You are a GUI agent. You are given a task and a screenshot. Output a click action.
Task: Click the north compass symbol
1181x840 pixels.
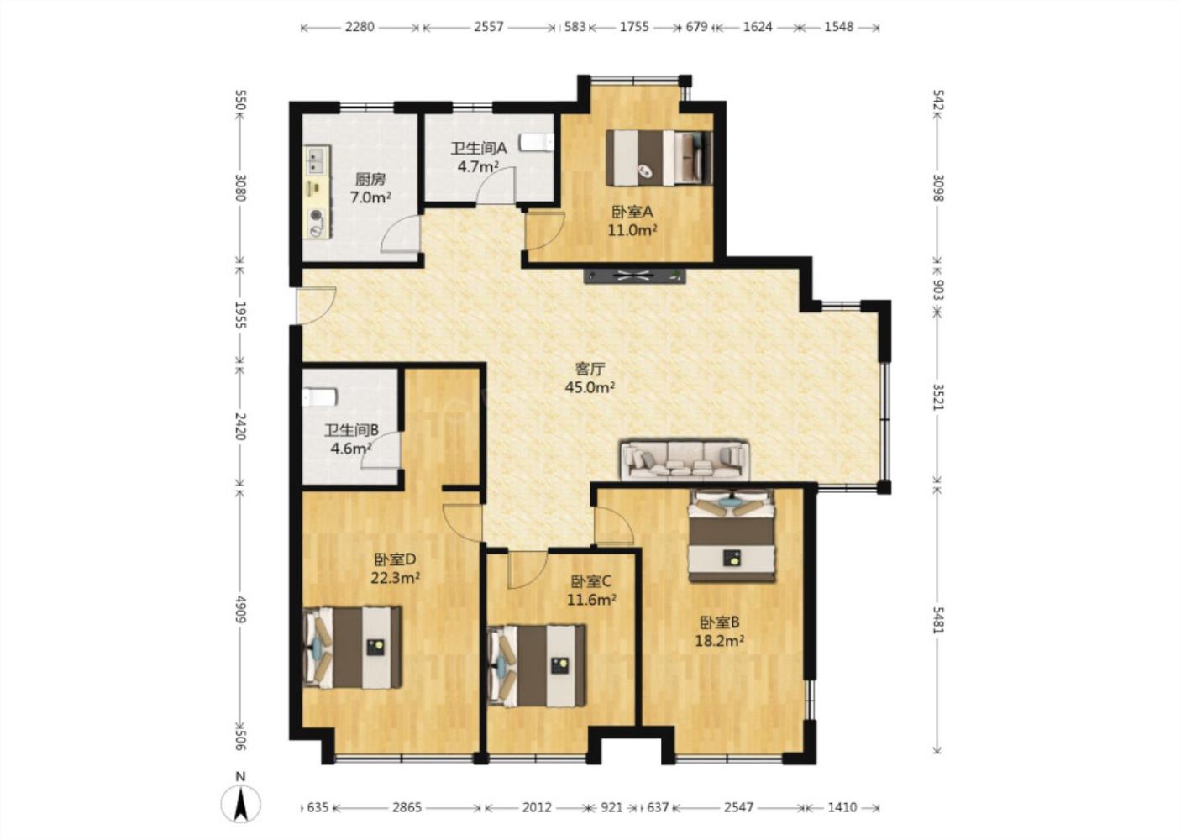(x=241, y=802)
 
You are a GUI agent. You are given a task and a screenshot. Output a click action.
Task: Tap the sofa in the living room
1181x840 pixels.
(x=685, y=460)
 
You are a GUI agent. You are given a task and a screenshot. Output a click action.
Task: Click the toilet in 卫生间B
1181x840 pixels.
(x=319, y=397)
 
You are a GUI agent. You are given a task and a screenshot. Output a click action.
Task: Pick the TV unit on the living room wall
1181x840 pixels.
(x=635, y=276)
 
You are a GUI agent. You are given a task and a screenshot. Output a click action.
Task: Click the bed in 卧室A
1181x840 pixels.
(x=659, y=158)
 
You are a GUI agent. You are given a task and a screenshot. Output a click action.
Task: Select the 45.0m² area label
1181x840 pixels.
(x=590, y=387)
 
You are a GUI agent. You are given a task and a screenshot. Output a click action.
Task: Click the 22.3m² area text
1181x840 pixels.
(x=396, y=578)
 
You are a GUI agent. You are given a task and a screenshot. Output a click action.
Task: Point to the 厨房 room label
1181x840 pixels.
(x=370, y=180)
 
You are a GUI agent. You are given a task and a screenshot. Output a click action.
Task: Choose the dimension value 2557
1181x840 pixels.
(x=489, y=26)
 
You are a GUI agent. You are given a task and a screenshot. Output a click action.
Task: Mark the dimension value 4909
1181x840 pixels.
(x=241, y=610)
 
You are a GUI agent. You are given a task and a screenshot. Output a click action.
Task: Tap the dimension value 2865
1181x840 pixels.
(x=407, y=807)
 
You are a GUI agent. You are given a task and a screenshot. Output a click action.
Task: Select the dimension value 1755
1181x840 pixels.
(x=634, y=26)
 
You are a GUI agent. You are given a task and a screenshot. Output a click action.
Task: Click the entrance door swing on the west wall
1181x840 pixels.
(x=316, y=305)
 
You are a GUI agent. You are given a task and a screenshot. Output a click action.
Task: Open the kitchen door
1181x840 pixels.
(x=401, y=233)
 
